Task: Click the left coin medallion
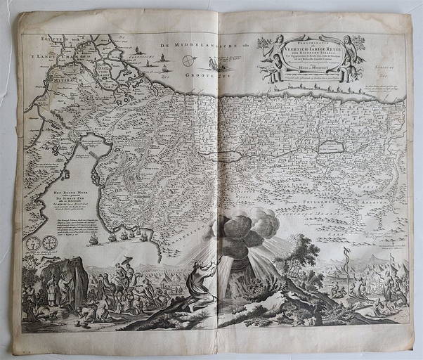point(33,243)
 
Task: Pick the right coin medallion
point(48,243)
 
